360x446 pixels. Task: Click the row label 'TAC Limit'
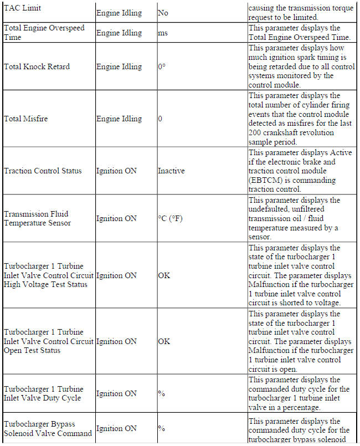(x=22, y=9)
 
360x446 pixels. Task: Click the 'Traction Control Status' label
(x=43, y=171)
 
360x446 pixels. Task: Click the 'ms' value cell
(x=163, y=33)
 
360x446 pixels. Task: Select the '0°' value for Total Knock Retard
(x=162, y=66)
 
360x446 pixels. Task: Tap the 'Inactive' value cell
(x=171, y=171)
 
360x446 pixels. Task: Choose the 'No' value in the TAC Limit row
(x=163, y=12)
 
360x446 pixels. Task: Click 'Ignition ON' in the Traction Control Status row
(x=116, y=171)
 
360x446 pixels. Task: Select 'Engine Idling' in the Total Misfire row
(x=119, y=119)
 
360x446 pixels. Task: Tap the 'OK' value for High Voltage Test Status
(x=164, y=275)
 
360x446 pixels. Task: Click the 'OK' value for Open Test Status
(x=164, y=341)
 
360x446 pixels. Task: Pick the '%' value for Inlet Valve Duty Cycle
(x=161, y=393)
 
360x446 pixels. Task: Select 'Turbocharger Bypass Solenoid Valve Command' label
(x=48, y=428)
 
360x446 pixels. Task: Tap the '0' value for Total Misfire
(x=160, y=119)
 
